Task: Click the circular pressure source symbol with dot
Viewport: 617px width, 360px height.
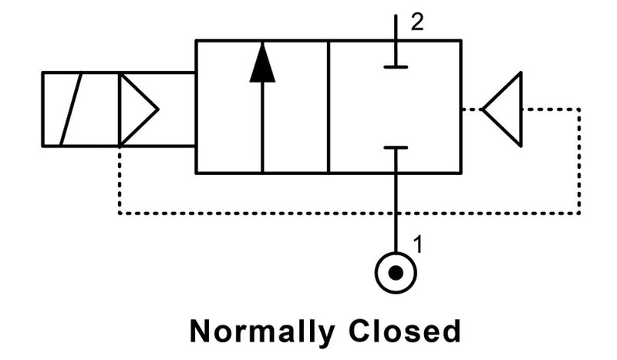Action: point(396,273)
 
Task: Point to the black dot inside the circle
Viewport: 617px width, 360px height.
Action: point(396,273)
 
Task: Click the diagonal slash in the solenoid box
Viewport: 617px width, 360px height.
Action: point(71,109)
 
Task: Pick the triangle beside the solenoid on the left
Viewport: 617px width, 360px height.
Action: point(136,109)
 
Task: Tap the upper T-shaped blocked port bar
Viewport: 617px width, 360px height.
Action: point(396,67)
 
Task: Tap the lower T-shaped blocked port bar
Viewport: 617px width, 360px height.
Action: point(396,147)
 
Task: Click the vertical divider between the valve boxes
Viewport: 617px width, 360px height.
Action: point(329,107)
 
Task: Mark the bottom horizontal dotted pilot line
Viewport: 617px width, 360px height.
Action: point(347,214)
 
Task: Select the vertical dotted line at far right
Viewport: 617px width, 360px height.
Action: point(578,162)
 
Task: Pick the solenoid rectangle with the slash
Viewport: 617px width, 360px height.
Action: point(80,109)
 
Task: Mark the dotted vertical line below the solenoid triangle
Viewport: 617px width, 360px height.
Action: point(119,181)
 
